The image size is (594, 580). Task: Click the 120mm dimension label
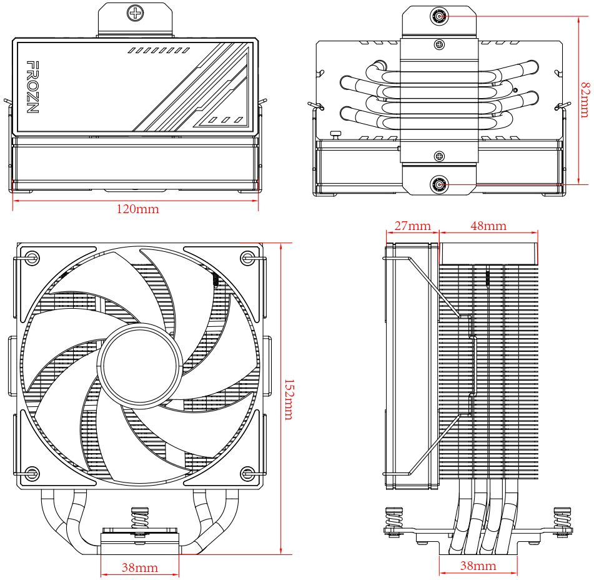pos(137,209)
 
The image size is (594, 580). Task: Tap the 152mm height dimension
pos(288,398)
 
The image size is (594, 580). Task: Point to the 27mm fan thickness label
pos(412,226)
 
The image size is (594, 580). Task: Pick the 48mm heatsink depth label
pos(488,226)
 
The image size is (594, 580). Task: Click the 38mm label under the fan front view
pos(139,567)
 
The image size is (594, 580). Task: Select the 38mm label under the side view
pos(478,566)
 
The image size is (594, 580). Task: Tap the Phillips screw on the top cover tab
pos(135,12)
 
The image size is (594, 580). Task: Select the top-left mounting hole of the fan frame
pos(33,257)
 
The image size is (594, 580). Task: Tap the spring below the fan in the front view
pos(138,519)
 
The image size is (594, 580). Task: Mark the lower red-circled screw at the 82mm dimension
pos(440,184)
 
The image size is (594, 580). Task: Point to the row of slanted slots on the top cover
pos(158,50)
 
